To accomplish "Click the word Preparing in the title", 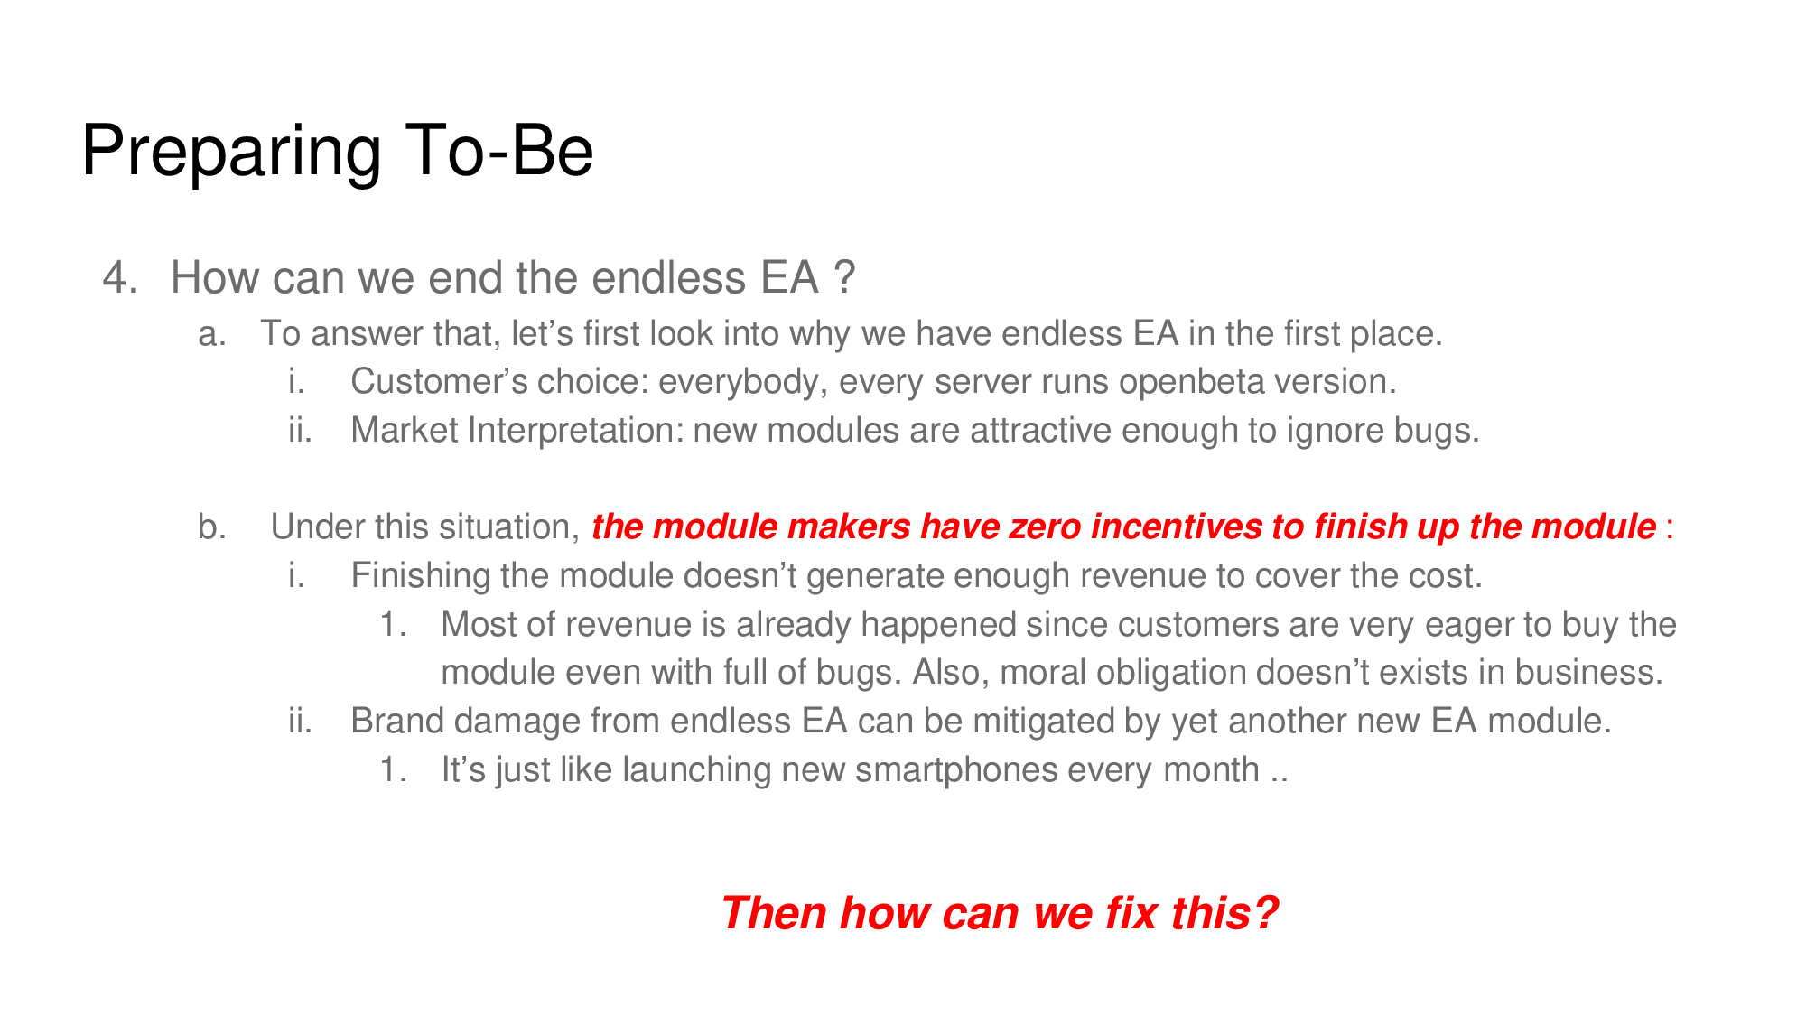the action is (x=231, y=152).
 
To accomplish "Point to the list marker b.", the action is (x=212, y=527).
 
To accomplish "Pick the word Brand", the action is (x=396, y=722).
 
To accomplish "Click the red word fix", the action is (x=1131, y=913).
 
